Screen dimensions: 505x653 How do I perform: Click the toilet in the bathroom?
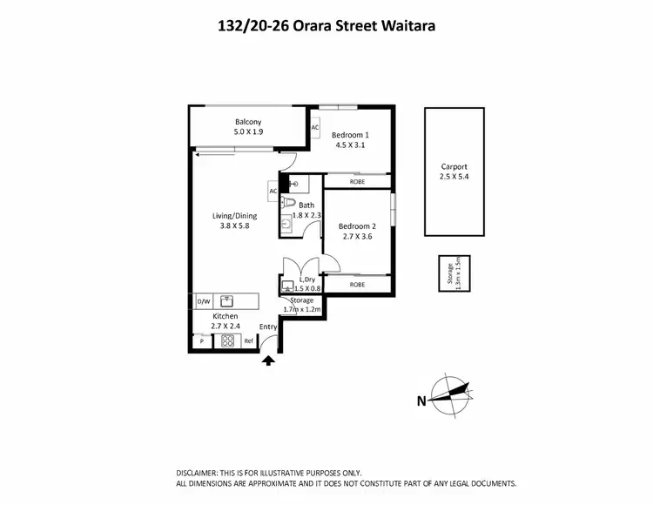287,202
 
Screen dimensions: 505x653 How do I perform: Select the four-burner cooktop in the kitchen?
228,341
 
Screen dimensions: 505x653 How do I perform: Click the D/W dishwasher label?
204,301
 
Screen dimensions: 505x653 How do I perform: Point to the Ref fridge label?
248,341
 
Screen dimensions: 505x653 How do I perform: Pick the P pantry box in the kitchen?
201,341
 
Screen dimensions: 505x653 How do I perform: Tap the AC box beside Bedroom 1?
315,127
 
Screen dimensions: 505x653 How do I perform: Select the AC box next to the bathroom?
273,191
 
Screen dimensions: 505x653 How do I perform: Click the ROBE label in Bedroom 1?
357,181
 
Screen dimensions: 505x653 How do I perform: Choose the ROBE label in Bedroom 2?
357,284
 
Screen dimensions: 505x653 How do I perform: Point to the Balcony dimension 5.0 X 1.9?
248,132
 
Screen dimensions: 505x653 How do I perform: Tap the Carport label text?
454,166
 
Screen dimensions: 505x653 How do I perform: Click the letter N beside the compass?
421,401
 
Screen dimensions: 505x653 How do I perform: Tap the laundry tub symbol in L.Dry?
288,284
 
